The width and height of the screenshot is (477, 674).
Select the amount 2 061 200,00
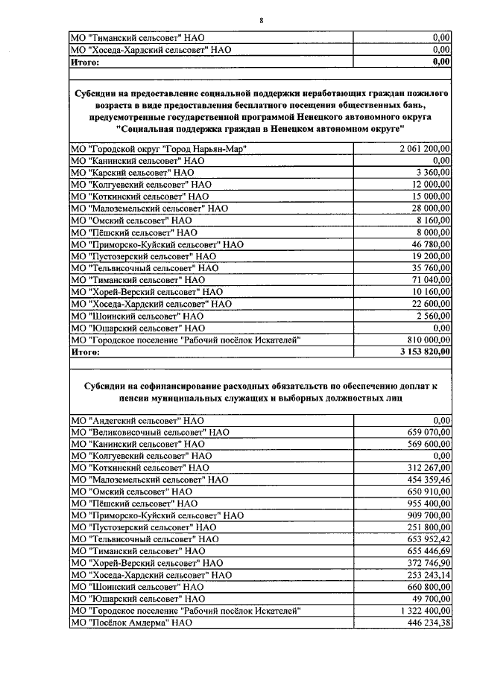coord(425,150)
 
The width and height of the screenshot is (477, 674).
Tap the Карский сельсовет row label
coord(131,172)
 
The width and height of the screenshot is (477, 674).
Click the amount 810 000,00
coord(428,340)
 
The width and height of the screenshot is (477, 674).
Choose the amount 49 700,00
coord(430,598)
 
